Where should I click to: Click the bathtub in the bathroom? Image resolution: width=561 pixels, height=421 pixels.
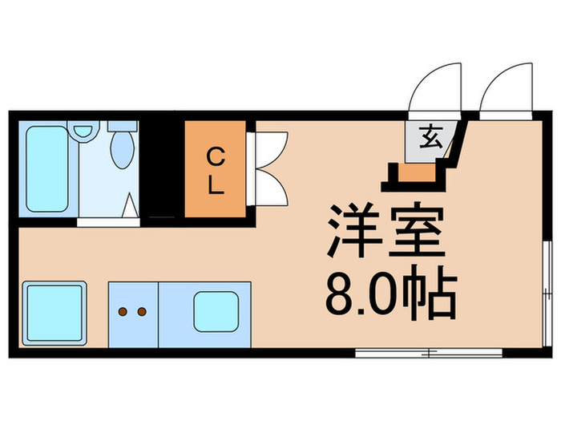[46, 169]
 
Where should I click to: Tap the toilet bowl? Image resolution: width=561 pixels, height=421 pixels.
[122, 148]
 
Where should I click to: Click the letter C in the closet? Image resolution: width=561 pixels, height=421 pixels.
[215, 154]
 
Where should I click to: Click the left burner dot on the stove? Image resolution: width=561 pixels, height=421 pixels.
[123, 310]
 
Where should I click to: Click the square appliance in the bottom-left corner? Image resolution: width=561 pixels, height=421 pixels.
[54, 313]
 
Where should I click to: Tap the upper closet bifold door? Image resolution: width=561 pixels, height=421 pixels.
[271, 148]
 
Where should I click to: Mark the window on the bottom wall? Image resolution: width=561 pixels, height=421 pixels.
[429, 353]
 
